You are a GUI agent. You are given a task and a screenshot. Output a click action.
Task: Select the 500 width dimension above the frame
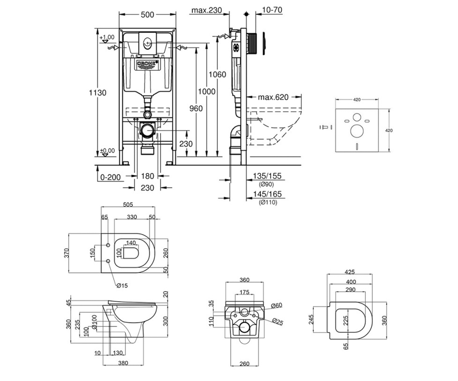pos(147,15)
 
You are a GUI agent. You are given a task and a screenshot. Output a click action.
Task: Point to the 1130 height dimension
pos(98,93)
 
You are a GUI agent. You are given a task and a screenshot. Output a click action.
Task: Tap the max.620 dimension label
pos(273,97)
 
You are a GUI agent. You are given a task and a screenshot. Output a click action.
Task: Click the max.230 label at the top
pos(206,10)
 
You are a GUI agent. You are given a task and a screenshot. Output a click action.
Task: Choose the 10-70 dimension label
pos(272,10)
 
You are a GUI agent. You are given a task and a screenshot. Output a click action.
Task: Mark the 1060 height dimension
pos(217,74)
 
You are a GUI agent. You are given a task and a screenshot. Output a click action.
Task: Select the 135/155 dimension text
pos(267,176)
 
